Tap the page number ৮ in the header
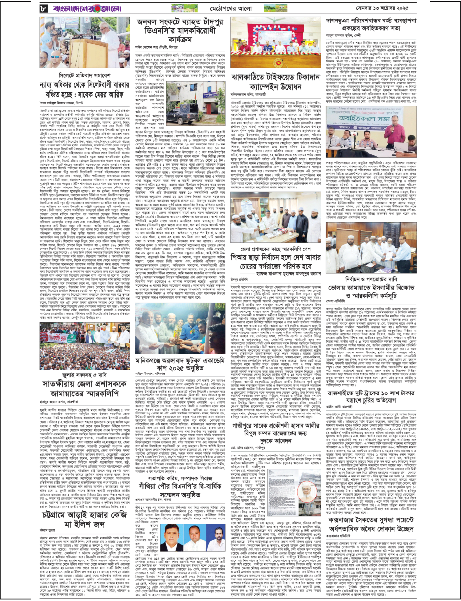(x=43, y=9)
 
